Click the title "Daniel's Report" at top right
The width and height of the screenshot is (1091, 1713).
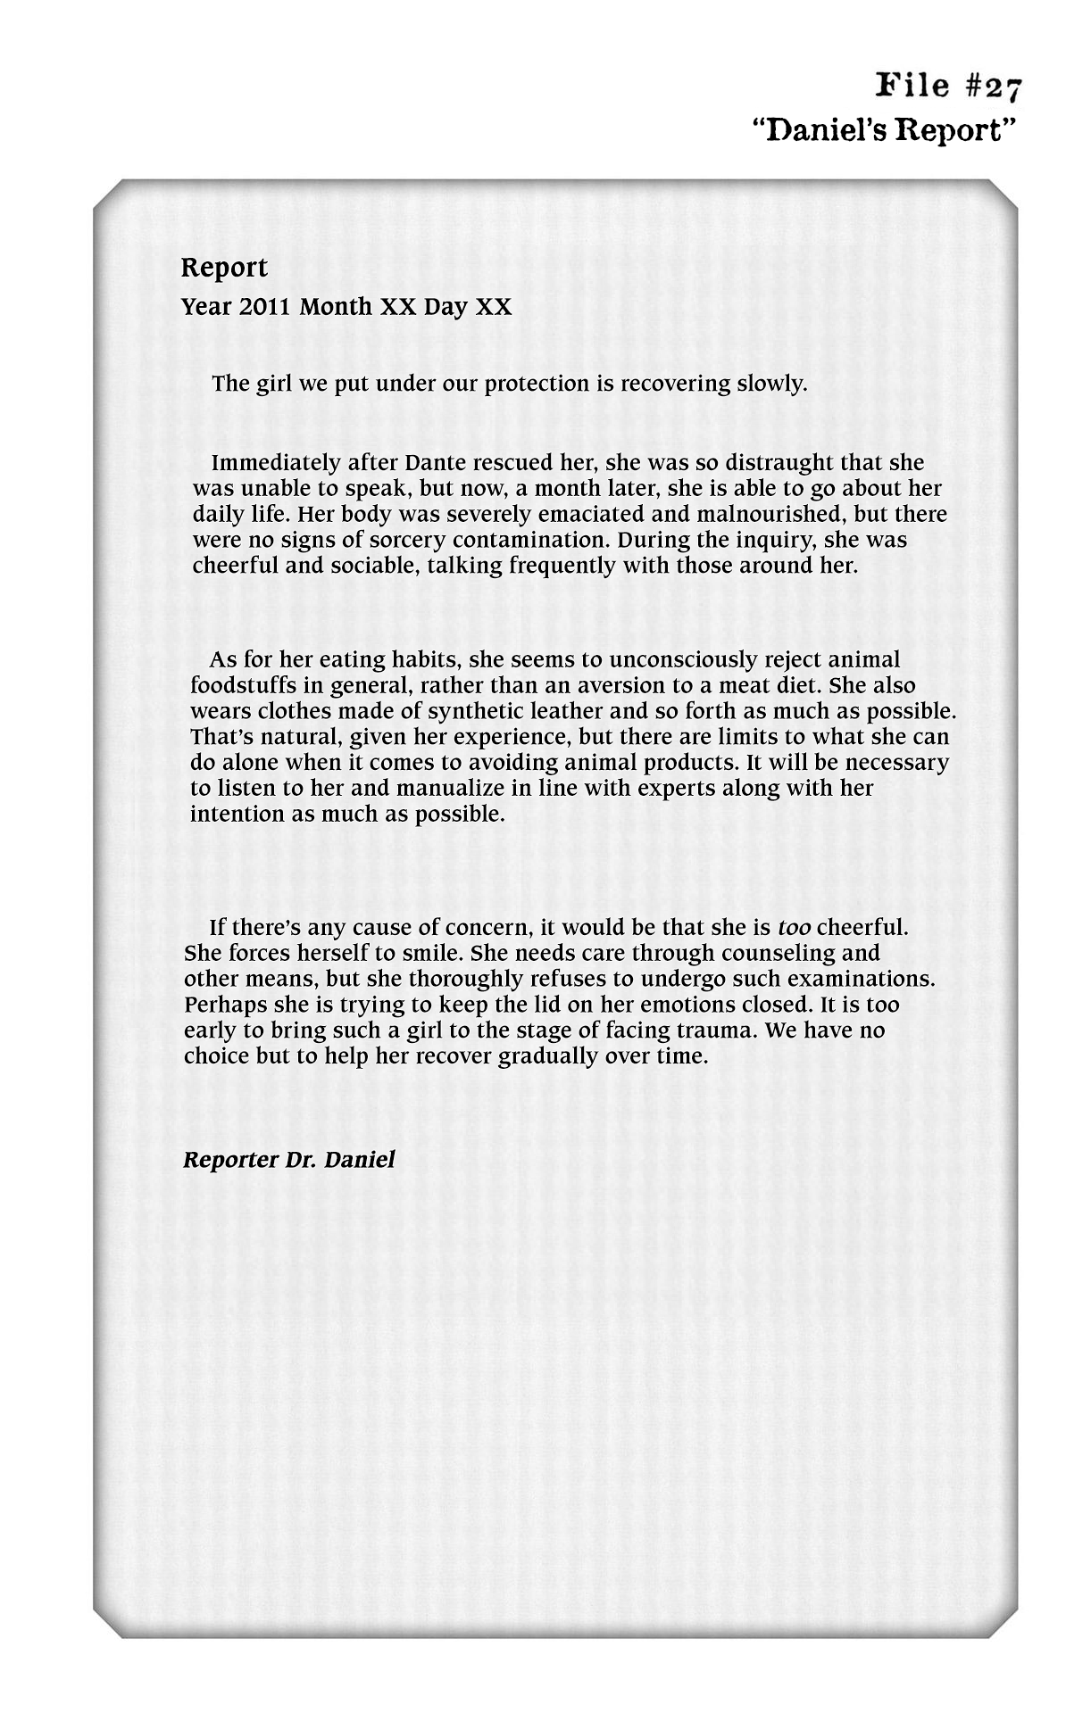click(885, 130)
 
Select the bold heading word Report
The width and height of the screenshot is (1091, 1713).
click(224, 268)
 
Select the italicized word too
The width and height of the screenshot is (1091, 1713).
click(794, 928)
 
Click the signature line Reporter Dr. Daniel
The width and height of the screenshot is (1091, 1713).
click(288, 1160)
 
